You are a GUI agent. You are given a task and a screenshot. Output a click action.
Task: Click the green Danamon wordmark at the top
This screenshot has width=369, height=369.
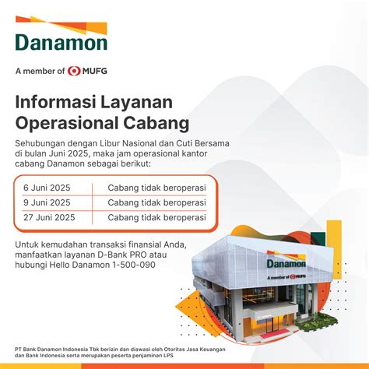click(x=61, y=42)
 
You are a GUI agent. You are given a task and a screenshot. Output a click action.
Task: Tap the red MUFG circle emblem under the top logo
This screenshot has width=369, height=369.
click(x=74, y=71)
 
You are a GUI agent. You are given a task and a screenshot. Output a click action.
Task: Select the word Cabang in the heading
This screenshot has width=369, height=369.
click(x=156, y=124)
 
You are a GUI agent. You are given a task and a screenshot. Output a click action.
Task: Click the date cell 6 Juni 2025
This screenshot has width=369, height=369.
click(x=47, y=188)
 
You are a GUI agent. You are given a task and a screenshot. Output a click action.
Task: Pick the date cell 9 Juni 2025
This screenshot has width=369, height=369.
click(x=47, y=202)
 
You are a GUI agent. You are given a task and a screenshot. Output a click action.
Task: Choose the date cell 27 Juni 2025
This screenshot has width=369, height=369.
click(x=49, y=217)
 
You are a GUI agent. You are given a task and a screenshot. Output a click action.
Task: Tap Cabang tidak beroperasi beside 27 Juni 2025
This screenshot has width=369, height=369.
click(x=156, y=217)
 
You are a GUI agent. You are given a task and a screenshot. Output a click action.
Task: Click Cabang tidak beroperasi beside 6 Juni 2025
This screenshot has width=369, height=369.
click(x=156, y=188)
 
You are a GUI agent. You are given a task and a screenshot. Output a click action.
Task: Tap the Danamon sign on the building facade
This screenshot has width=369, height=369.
click(x=286, y=264)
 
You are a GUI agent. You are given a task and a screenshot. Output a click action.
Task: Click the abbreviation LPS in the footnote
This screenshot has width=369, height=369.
click(x=168, y=356)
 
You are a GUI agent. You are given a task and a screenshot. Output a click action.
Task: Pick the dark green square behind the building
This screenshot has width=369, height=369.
click(x=318, y=239)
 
